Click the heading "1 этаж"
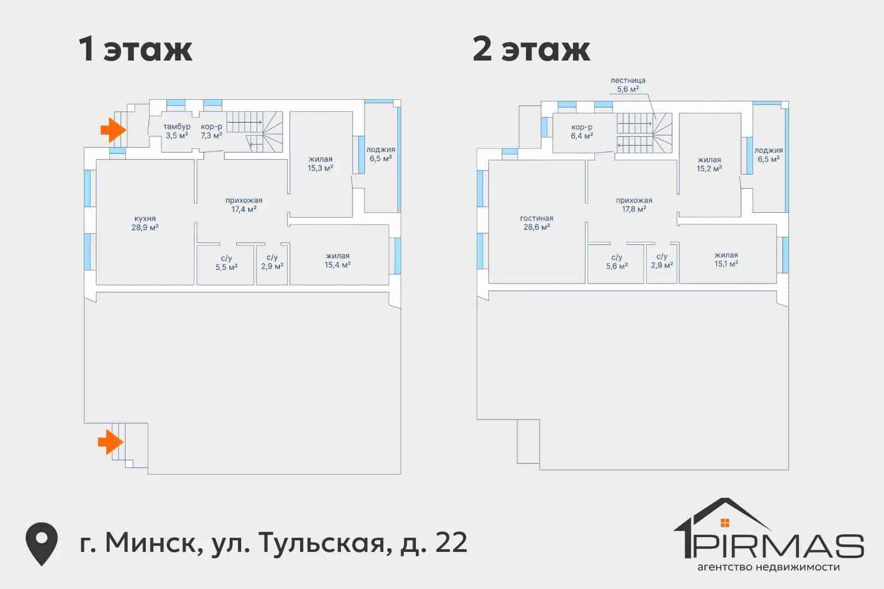[x=135, y=49]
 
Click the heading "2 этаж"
[x=531, y=49]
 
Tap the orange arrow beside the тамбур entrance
[x=113, y=130]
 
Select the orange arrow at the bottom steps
[x=110, y=442]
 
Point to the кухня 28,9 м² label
[x=145, y=223]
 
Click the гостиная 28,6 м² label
[x=536, y=223]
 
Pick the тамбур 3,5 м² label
[x=177, y=131]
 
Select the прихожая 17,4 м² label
[x=244, y=205]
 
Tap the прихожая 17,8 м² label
[x=634, y=205]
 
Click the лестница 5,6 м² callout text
[x=628, y=85]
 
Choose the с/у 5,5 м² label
[x=226, y=263]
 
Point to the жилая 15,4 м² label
[x=337, y=260]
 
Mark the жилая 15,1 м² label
[x=726, y=260]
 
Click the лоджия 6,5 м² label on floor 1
[x=380, y=154]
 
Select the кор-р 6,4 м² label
[x=582, y=131]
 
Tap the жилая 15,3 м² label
[x=320, y=164]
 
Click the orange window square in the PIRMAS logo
[x=725, y=522]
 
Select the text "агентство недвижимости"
[x=768, y=567]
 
